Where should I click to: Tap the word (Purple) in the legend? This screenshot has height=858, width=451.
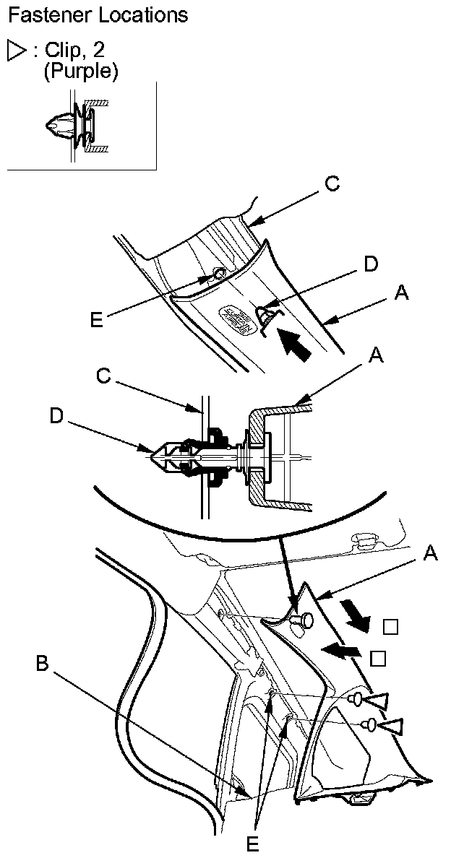81,71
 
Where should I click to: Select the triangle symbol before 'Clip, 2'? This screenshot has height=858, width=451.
16,51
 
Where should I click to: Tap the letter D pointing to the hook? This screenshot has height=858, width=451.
371,264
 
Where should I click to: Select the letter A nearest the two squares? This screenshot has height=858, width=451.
430,553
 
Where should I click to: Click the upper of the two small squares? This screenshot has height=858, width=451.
391,627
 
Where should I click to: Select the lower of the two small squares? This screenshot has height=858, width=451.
376,658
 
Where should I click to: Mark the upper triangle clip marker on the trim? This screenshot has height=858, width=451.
377,698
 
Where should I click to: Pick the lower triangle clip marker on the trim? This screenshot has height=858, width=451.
391,725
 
